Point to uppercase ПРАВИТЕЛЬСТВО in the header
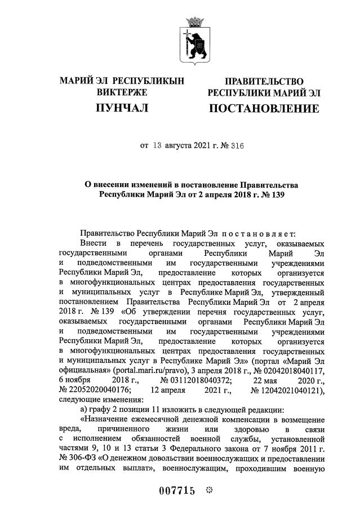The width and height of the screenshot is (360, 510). pos(264,82)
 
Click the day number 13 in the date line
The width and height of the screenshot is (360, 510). pos(157,145)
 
